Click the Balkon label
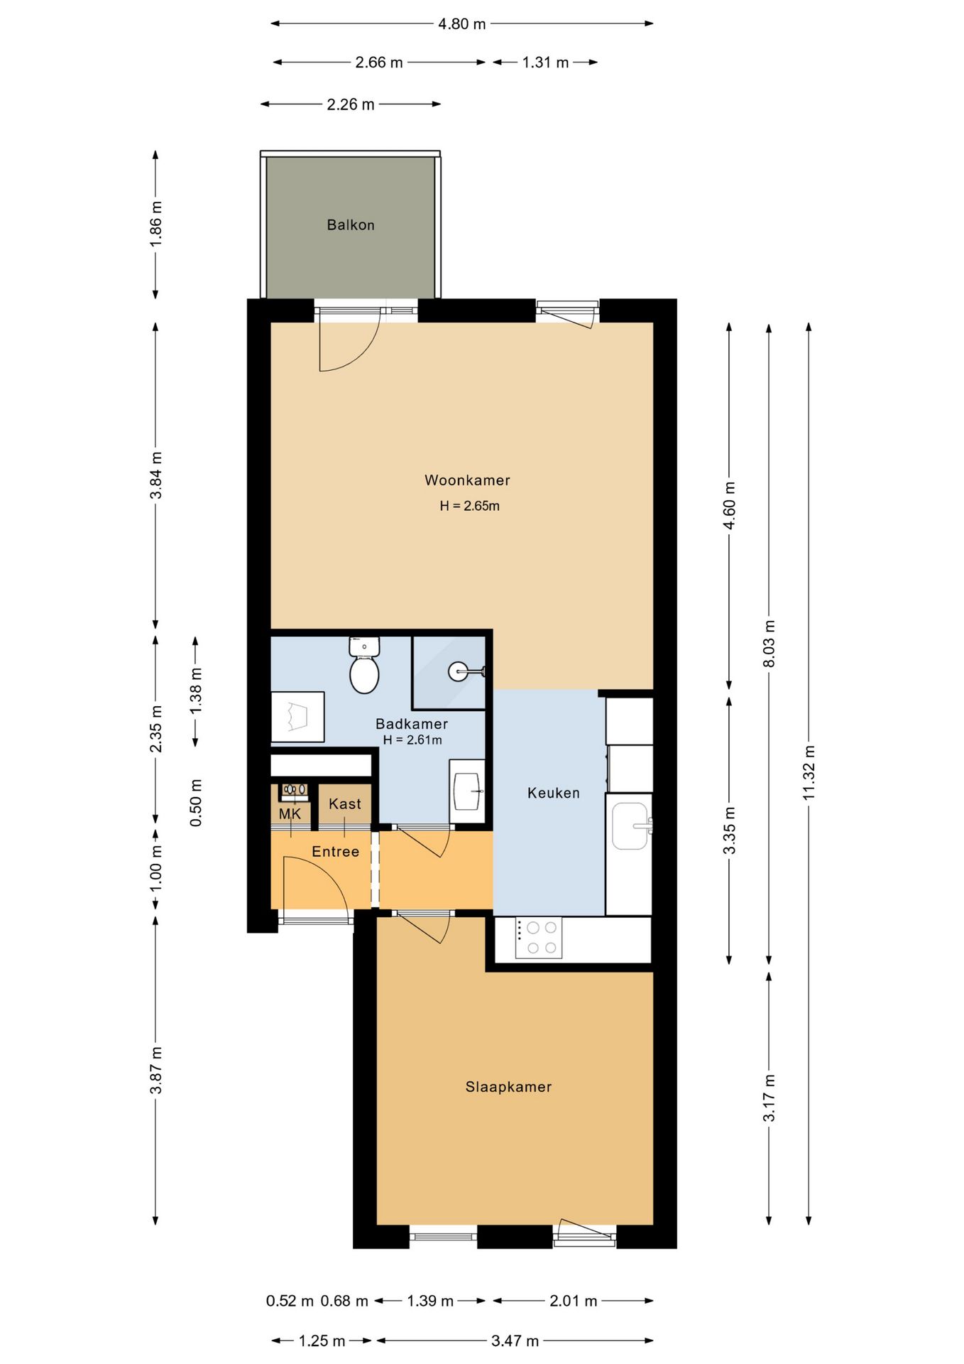[351, 225]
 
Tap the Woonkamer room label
[467, 480]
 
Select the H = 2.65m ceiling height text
[469, 506]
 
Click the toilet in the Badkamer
[364, 665]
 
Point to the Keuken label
[554, 793]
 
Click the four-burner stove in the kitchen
[539, 938]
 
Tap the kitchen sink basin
[631, 826]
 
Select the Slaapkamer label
[508, 1086]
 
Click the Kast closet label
[345, 803]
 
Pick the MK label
[290, 814]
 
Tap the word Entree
[336, 851]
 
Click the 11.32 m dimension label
[809, 772]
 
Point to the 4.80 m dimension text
[462, 24]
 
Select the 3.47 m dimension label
[515, 1341]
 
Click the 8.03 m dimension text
[769, 644]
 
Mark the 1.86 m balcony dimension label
[156, 224]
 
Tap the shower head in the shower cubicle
[459, 671]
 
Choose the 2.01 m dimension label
[574, 1301]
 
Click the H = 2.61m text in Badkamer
[412, 740]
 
